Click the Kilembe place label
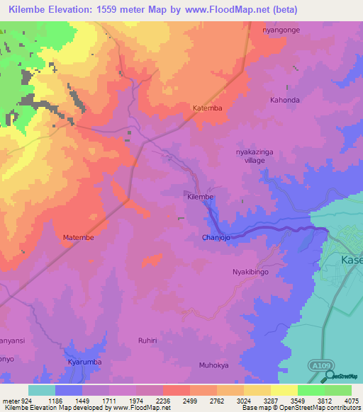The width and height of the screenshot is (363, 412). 200,196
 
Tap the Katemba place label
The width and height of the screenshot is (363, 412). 208,108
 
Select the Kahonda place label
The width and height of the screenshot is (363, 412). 284,101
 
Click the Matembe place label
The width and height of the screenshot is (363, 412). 78,238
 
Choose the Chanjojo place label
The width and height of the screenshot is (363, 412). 217,238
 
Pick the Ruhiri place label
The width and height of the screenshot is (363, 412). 147,341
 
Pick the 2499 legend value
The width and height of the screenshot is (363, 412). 189,401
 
